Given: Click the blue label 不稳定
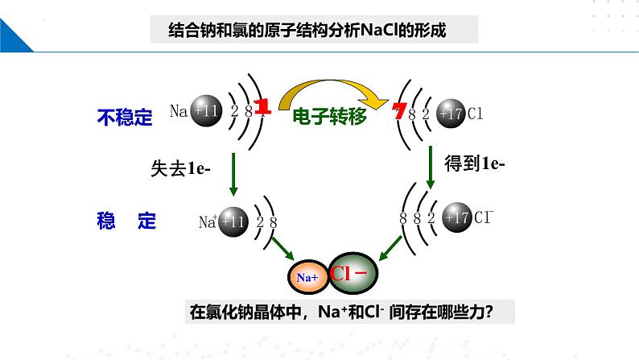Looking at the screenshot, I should pyautogui.click(x=124, y=118).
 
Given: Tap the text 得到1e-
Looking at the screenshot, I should pyautogui.click(x=475, y=164).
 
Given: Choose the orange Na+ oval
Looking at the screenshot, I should pyautogui.click(x=308, y=277).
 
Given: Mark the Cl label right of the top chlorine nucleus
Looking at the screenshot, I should pyautogui.click(x=474, y=114).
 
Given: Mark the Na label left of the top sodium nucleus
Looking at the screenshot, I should pyautogui.click(x=179, y=112).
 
